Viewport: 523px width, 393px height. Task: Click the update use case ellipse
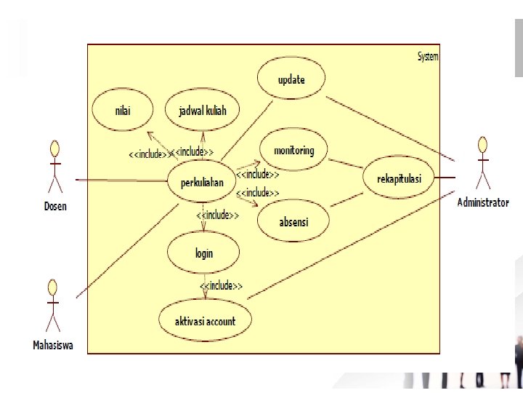pyautogui.click(x=291, y=80)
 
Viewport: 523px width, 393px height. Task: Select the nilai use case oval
pyautogui.click(x=123, y=111)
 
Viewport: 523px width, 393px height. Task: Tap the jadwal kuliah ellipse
pyautogui.click(x=203, y=111)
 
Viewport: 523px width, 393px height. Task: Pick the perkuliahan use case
pyautogui.click(x=202, y=183)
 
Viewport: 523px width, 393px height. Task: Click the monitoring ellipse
pyautogui.click(x=293, y=151)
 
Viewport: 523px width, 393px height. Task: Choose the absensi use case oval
pyautogui.click(x=293, y=222)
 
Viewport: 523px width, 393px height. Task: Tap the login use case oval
pyautogui.click(x=204, y=253)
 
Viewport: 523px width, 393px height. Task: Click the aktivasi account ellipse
pyautogui.click(x=206, y=321)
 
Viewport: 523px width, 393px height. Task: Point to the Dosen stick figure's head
pyautogui.click(x=54, y=148)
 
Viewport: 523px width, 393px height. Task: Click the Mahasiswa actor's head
pyautogui.click(x=52, y=286)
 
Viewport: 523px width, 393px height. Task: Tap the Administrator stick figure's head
pyautogui.click(x=482, y=143)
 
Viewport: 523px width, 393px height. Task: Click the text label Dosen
pyautogui.click(x=55, y=206)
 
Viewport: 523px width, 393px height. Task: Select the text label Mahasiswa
pyautogui.click(x=53, y=345)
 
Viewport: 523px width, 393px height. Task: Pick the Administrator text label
pyautogui.click(x=483, y=203)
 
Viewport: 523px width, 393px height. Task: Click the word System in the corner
pyautogui.click(x=428, y=56)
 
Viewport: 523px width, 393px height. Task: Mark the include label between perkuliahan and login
pyautogui.click(x=218, y=215)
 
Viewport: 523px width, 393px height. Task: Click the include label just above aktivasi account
pyautogui.click(x=221, y=285)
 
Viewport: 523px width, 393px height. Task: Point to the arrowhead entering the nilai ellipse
pyautogui.click(x=148, y=135)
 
